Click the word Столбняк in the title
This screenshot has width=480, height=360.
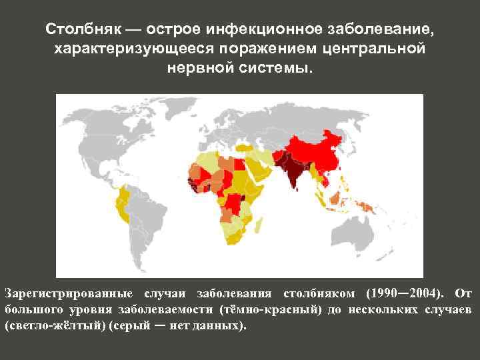coord(85,30)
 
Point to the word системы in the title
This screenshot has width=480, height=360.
coord(273,69)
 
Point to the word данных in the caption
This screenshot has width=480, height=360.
coord(217,327)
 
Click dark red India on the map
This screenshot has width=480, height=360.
coord(291,167)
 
